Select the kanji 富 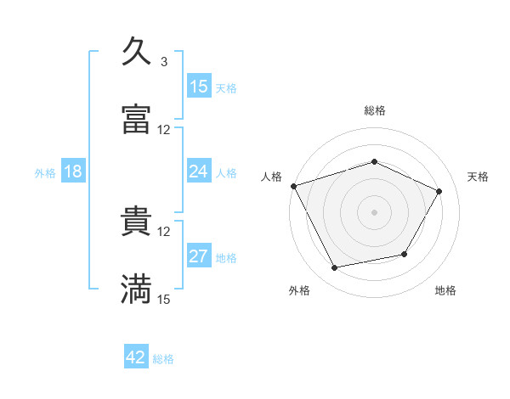pyautogui.click(x=136, y=120)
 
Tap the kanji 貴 pyautogui.click(x=136, y=222)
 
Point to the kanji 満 pyautogui.click(x=136, y=289)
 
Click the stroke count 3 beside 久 pyautogui.click(x=163, y=62)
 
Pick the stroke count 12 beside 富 pyautogui.click(x=164, y=130)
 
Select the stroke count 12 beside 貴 pyautogui.click(x=164, y=231)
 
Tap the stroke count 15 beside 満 pyautogui.click(x=164, y=299)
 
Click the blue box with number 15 pyautogui.click(x=199, y=86)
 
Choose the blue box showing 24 pyautogui.click(x=199, y=171)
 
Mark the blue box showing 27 pyautogui.click(x=199, y=256)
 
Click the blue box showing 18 pyautogui.click(x=73, y=171)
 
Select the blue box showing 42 pyautogui.click(x=136, y=357)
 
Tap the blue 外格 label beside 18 pyautogui.click(x=45, y=172)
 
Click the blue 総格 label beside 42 pyautogui.click(x=163, y=359)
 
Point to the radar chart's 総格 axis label pyautogui.click(x=374, y=110)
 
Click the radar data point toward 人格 pyautogui.click(x=293, y=186)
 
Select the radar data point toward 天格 pyautogui.click(x=439, y=191)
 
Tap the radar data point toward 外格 pyautogui.click(x=334, y=268)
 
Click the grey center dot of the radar pyautogui.click(x=374, y=211)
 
